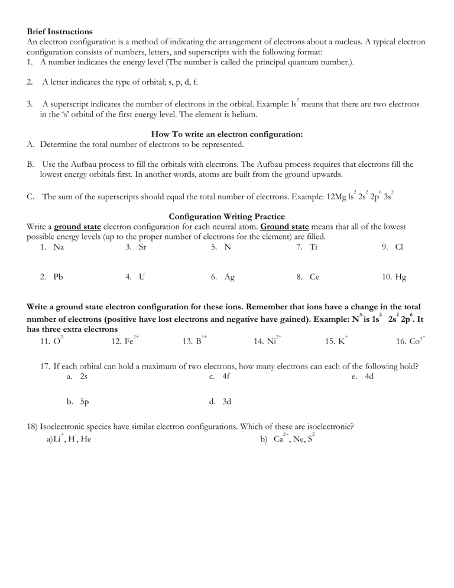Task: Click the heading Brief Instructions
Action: click(x=59, y=31)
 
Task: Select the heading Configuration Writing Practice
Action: click(x=227, y=217)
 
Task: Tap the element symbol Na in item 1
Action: click(x=59, y=247)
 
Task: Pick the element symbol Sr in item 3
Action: click(x=142, y=247)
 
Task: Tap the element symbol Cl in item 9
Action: click(x=399, y=247)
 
